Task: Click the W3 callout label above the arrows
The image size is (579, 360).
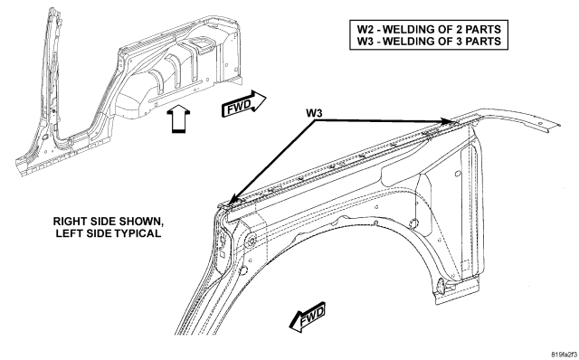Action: pos(314,113)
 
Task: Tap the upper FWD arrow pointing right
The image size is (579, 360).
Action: pos(243,104)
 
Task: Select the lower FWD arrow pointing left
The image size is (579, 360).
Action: pos(308,317)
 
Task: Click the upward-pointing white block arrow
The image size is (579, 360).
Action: pos(178,118)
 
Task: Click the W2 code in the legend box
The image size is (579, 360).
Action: pos(365,29)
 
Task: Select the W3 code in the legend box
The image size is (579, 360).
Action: pos(365,41)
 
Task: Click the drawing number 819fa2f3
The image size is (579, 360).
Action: pos(565,355)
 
